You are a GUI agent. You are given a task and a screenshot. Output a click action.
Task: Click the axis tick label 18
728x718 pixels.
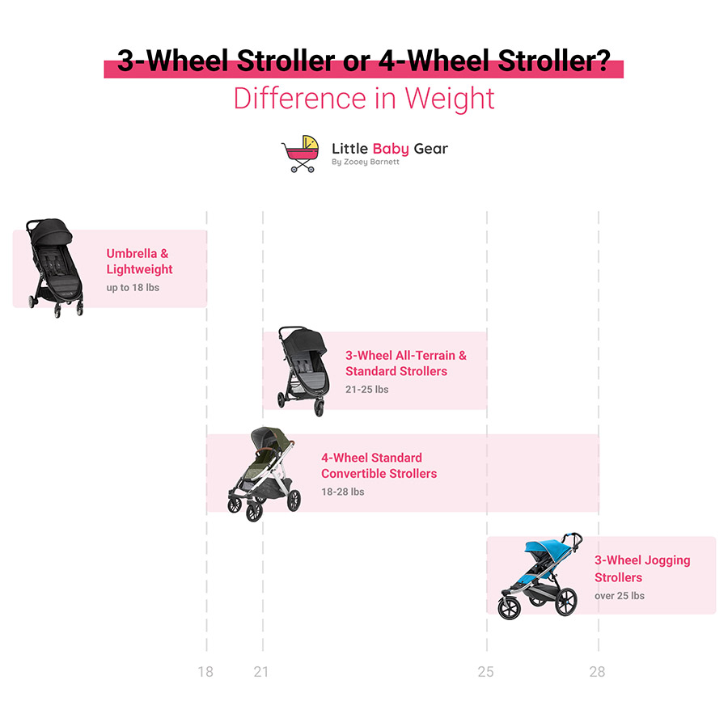205,672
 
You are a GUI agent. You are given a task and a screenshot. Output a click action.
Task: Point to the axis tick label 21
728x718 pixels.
261,672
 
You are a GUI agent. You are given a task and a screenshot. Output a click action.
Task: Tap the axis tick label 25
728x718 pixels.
485,672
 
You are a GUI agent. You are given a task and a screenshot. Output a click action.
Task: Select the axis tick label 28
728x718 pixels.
597,672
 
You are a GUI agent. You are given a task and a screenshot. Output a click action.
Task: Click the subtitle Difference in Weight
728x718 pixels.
364,99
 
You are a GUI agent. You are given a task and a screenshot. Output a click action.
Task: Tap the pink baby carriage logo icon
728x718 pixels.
301,154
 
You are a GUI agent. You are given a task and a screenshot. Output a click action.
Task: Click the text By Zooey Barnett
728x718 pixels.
366,162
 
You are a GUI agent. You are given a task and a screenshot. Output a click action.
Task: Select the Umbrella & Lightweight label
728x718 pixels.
139,261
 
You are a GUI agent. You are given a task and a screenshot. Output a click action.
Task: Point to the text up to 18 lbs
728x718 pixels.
133,288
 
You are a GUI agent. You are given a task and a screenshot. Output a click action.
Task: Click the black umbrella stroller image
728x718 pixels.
54,267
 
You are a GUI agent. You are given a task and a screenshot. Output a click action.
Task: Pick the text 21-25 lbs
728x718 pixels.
366,390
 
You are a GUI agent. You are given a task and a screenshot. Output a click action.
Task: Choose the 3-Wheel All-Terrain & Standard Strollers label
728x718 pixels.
406,363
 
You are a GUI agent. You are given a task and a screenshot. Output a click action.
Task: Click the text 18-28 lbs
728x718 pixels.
343,492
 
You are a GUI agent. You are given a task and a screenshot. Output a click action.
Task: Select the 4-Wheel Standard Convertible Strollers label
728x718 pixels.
379,466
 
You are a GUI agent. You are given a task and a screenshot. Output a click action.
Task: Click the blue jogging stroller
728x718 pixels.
540,576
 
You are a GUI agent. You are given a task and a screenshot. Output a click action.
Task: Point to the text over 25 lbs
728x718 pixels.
620,596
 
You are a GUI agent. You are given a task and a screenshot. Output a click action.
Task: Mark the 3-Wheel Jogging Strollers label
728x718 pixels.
642,568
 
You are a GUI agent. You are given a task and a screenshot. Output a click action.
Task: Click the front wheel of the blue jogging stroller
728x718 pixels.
510,608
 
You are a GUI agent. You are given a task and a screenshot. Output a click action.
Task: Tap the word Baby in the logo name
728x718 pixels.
391,149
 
